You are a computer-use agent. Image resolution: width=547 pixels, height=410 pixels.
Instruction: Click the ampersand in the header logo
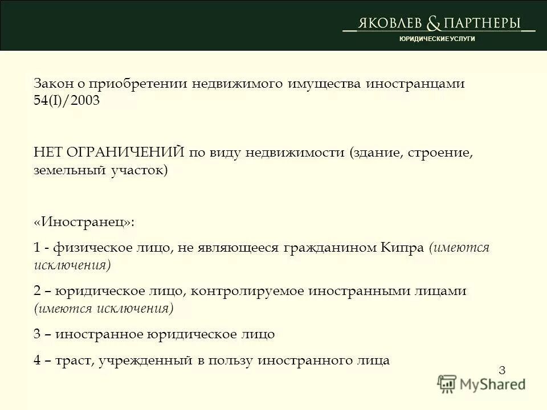(434, 23)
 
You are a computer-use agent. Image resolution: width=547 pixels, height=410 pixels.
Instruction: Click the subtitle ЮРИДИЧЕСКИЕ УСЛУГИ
(436, 38)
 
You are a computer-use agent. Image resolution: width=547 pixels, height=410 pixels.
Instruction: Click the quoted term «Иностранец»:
(84, 222)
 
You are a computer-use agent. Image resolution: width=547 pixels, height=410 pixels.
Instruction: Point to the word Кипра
(402, 248)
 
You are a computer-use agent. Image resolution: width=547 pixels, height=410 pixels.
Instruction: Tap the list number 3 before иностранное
(37, 334)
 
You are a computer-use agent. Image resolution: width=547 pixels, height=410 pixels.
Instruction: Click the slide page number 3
(502, 370)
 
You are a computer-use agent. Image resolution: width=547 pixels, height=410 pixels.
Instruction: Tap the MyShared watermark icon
(448, 384)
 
